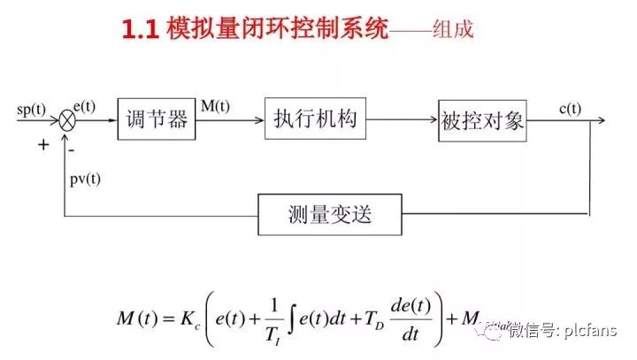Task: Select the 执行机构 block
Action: [314, 120]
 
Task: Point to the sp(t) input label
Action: [31, 110]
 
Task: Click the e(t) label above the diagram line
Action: [85, 106]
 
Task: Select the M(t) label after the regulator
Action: [215, 107]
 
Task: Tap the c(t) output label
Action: [571, 109]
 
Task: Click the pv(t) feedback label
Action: [85, 178]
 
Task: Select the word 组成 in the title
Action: [452, 30]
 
